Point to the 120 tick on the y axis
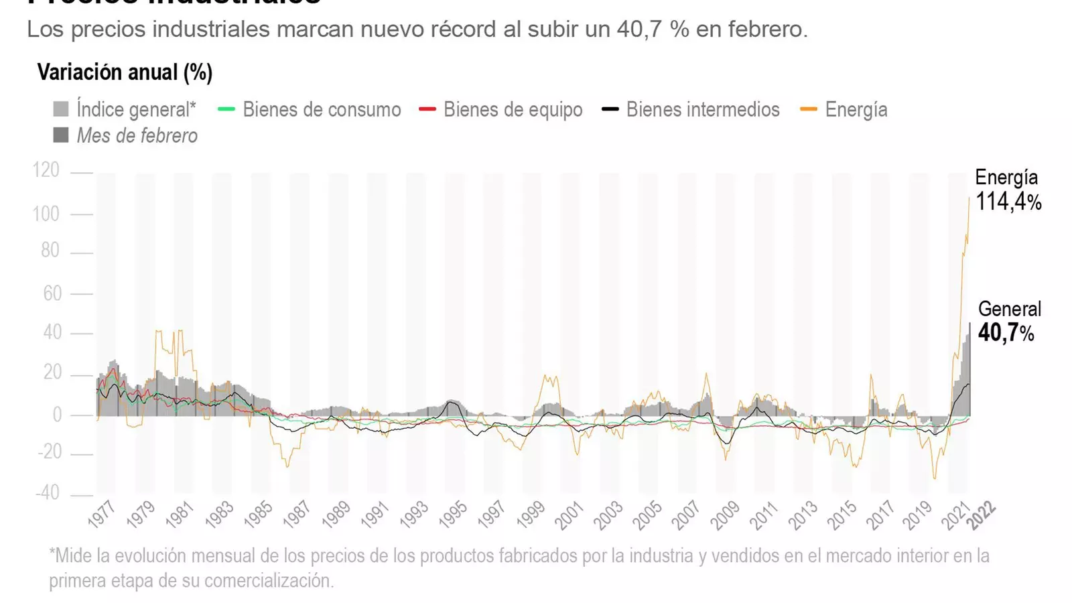[46, 170]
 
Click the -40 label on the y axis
[47, 493]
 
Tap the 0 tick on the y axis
[57, 415]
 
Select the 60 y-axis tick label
[52, 293]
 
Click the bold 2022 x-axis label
[982, 516]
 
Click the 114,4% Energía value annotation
[1008, 202]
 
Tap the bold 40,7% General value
[1006, 332]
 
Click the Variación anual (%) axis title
[125, 72]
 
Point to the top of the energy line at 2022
[969, 198]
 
